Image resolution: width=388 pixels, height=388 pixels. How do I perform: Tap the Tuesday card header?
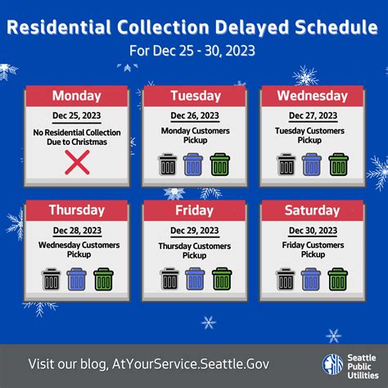point(194,96)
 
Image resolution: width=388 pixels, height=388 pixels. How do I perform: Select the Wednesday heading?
point(311,96)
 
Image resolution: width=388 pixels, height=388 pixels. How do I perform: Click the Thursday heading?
point(76,210)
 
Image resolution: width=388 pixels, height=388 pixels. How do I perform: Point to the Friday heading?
point(194,210)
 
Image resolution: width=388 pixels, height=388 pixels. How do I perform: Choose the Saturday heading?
point(311,210)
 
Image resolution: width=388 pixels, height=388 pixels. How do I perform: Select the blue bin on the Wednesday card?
point(312,165)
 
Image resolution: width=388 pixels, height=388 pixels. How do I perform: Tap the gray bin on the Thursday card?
point(51,279)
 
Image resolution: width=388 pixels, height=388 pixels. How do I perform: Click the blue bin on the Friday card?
point(195,279)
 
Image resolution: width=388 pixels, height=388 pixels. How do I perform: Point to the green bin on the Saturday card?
point(338,279)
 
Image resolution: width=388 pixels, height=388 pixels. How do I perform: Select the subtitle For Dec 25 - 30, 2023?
point(193,52)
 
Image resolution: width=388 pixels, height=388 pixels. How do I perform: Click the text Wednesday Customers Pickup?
point(76,250)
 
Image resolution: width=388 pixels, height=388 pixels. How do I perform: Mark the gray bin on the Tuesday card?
point(169,165)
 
